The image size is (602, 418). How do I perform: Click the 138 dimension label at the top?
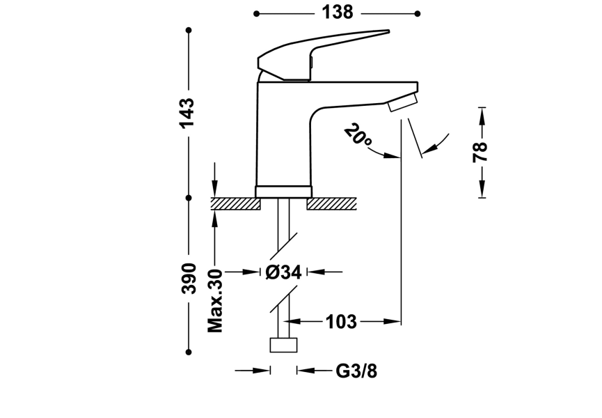(x=337, y=13)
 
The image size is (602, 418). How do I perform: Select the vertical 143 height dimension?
(x=187, y=113)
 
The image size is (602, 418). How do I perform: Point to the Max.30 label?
(x=216, y=300)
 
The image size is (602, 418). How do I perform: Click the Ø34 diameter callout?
(x=283, y=272)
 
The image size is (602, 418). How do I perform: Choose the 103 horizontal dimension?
(x=341, y=322)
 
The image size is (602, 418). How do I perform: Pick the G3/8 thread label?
(x=356, y=371)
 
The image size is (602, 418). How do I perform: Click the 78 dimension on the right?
(x=480, y=151)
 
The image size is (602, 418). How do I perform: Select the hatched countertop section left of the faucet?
(x=235, y=203)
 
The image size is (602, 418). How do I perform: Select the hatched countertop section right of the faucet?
(x=331, y=203)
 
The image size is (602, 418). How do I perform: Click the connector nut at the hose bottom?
(x=284, y=346)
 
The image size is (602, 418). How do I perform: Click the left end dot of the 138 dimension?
(x=257, y=13)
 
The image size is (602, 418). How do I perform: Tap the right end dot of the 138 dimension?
(x=418, y=13)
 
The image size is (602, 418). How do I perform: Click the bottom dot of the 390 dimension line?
(x=189, y=353)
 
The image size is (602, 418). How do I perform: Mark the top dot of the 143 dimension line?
(x=189, y=30)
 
